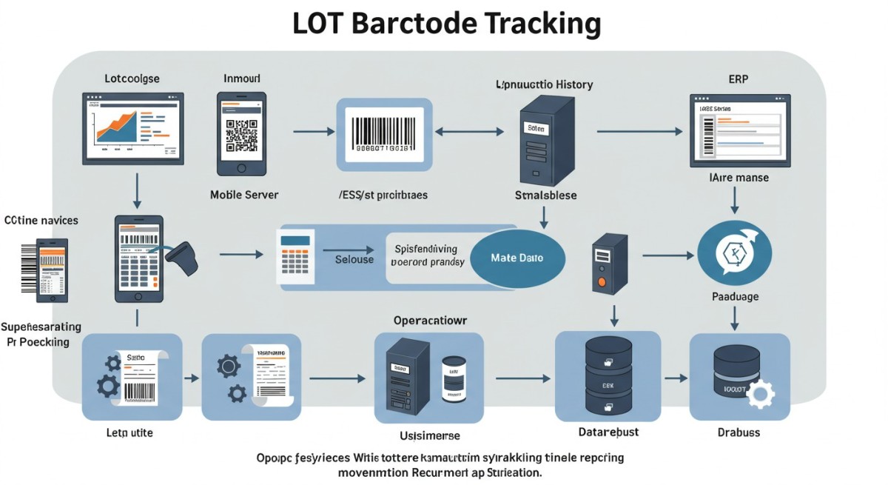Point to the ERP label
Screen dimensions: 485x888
click(739, 78)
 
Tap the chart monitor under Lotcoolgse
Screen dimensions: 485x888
click(133, 127)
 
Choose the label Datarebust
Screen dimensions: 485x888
click(608, 432)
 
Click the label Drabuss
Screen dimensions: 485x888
click(738, 432)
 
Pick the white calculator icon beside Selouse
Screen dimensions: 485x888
click(295, 255)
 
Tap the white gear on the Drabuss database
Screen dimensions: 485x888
click(758, 395)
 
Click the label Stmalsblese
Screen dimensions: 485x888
click(545, 195)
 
